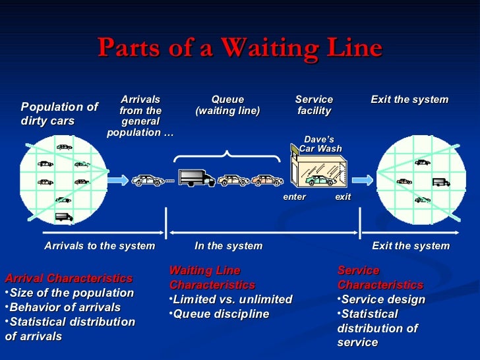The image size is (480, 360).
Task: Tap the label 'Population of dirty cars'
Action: [59, 114]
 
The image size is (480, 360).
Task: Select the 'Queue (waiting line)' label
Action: [227, 105]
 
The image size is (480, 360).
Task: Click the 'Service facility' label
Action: [314, 105]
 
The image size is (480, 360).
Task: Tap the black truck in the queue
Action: [196, 178]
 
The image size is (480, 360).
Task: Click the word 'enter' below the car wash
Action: [294, 197]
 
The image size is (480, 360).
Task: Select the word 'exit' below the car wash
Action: [343, 197]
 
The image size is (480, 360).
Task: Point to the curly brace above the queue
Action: [226, 156]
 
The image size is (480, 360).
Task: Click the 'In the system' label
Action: [228, 246]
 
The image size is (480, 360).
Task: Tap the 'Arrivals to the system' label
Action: [100, 246]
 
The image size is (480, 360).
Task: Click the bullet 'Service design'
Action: [382, 299]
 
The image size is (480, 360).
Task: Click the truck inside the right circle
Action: [440, 183]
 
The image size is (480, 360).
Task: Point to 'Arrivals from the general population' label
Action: [140, 116]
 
